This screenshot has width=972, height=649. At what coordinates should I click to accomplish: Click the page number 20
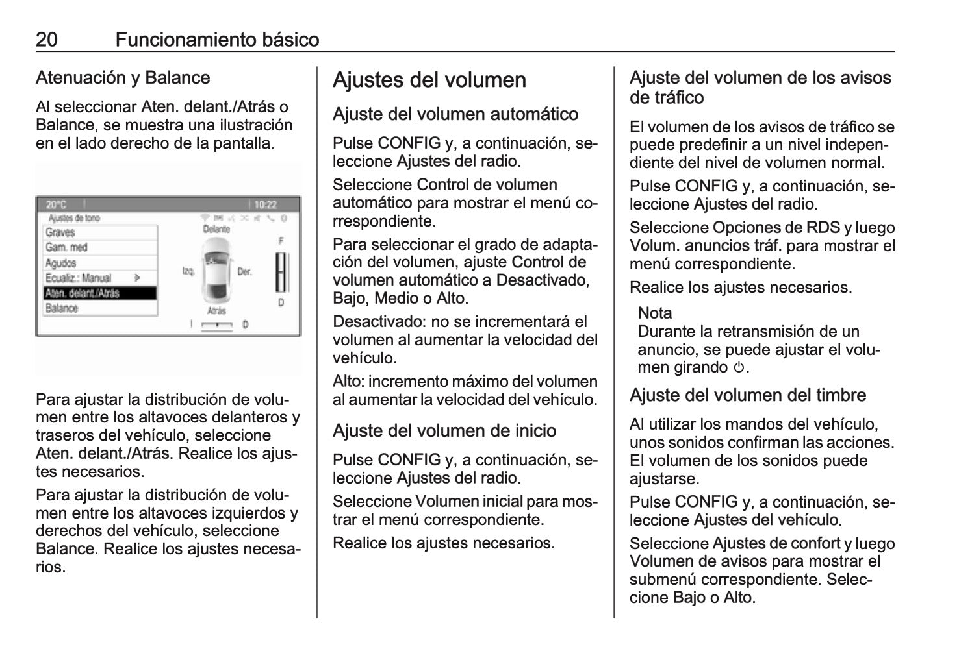(x=47, y=40)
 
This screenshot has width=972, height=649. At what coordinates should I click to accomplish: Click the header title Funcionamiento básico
(x=217, y=40)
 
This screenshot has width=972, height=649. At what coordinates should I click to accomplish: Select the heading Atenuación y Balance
(x=123, y=78)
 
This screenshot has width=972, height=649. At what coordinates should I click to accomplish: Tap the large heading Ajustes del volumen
(x=429, y=80)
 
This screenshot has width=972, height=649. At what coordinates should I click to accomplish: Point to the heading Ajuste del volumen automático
(x=455, y=114)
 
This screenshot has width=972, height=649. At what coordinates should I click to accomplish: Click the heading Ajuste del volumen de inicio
(x=444, y=431)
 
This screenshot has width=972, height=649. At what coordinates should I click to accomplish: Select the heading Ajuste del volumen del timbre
(x=747, y=395)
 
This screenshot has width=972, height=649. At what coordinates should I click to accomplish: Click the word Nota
(x=654, y=313)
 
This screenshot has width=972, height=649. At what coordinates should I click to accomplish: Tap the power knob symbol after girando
(x=738, y=368)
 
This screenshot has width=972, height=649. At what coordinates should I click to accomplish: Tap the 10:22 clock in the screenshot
(x=265, y=204)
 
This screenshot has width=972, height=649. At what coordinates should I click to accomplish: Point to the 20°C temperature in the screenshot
(x=57, y=204)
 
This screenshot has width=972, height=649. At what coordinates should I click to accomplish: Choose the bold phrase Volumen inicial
(x=468, y=502)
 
